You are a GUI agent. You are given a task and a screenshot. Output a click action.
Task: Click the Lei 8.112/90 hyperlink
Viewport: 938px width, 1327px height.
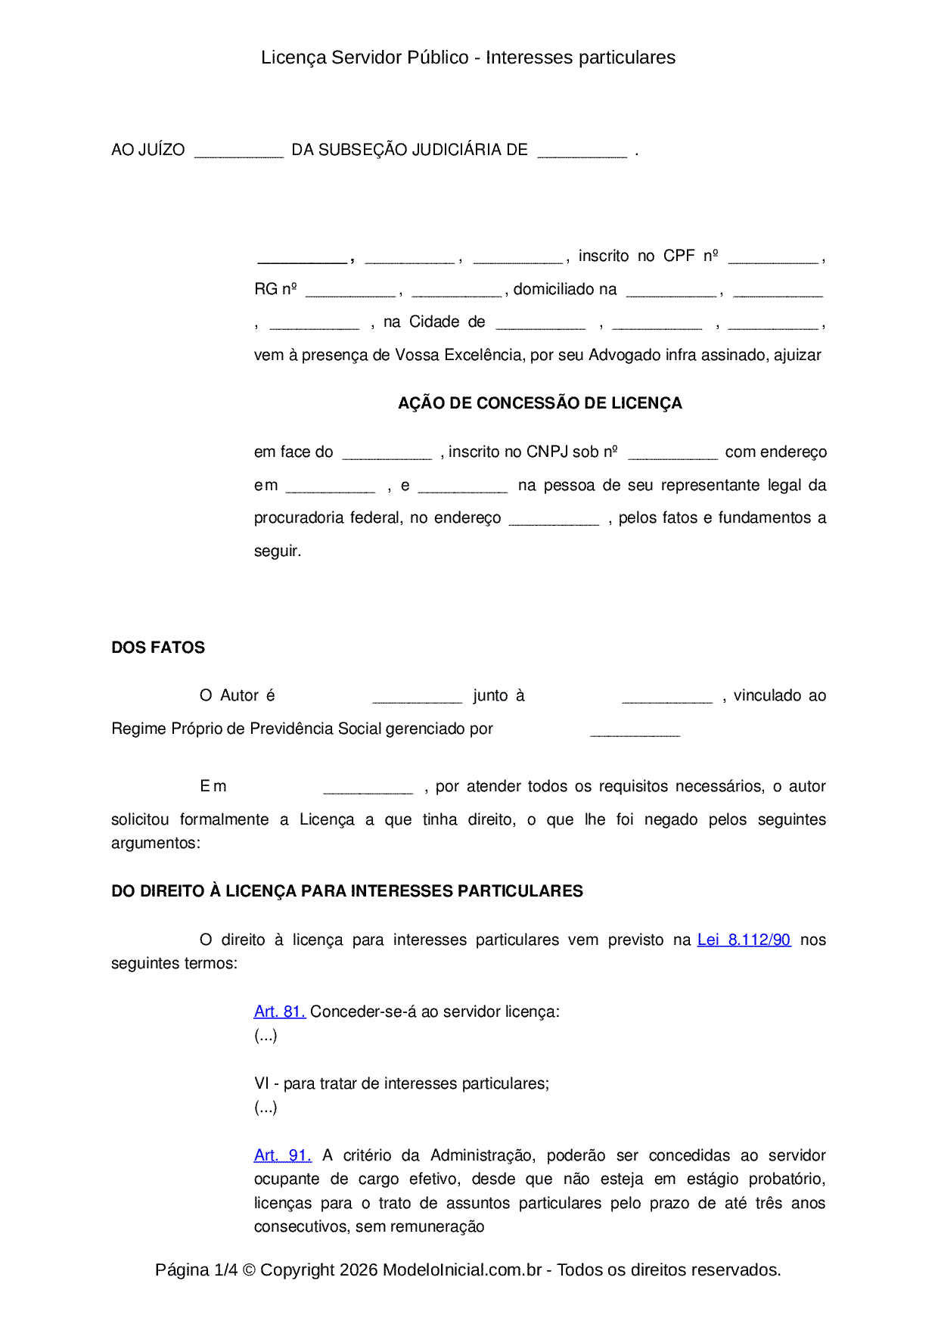744,940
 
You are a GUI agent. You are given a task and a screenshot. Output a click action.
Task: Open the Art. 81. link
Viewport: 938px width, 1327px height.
279,1012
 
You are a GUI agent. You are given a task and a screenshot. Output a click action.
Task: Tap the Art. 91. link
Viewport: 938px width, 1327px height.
282,1155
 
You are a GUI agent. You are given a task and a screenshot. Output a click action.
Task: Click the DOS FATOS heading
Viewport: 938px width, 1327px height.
158,648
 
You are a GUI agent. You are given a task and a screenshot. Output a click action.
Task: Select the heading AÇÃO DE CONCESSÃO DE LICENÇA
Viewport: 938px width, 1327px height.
540,403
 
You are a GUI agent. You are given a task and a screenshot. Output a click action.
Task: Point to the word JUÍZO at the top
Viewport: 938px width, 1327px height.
162,150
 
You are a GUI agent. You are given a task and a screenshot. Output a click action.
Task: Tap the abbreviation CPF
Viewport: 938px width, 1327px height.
679,256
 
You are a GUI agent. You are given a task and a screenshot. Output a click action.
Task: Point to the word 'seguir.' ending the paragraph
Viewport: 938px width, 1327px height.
278,551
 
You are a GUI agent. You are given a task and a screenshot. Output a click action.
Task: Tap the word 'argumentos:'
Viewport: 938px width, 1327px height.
156,843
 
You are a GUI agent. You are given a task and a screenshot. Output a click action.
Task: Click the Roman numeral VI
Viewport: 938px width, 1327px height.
262,1083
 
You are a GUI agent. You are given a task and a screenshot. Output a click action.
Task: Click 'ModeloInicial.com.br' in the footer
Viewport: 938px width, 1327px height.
462,1270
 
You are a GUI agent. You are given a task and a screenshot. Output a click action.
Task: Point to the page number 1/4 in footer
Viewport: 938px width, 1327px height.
226,1270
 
